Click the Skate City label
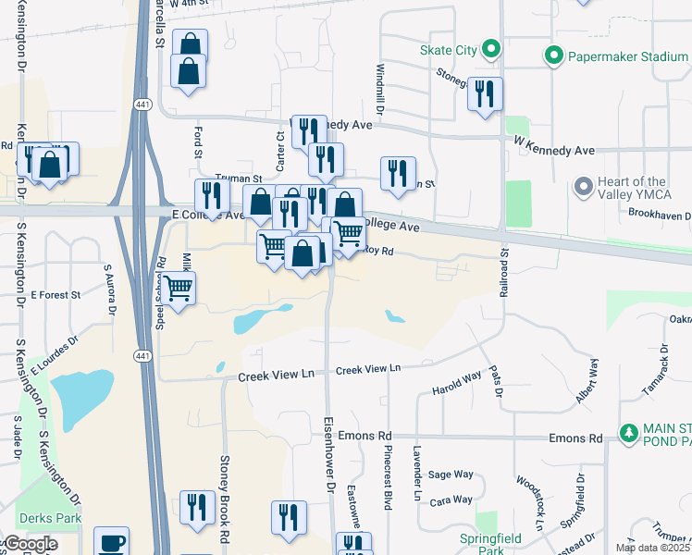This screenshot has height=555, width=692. pyautogui.click(x=447, y=50)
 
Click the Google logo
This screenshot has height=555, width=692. pyautogui.click(x=31, y=544)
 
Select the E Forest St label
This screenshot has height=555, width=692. pyautogui.click(x=56, y=295)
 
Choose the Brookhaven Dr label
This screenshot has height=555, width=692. pyautogui.click(x=660, y=213)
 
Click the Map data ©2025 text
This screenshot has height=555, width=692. pyautogui.click(x=652, y=548)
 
